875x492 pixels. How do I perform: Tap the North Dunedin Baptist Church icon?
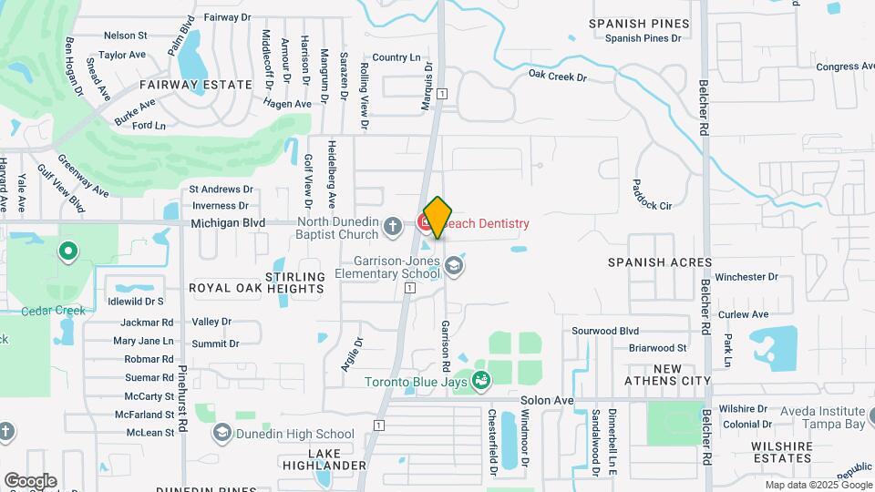pos(393,226)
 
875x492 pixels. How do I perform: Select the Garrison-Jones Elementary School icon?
pos(454,266)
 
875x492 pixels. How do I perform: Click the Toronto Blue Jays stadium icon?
pos(481,381)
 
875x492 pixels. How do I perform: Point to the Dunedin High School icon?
pos(222,434)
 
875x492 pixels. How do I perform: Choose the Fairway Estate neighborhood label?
pos(196,84)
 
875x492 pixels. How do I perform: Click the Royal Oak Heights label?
pos(256,288)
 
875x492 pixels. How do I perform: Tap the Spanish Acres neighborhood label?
pos(660,262)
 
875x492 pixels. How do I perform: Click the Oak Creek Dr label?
pos(557,77)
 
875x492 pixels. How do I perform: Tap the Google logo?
pos(30,480)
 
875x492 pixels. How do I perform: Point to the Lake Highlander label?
pos(337,459)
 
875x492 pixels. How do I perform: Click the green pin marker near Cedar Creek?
pos(67,251)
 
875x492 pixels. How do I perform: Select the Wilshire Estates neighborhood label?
pos(781,452)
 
